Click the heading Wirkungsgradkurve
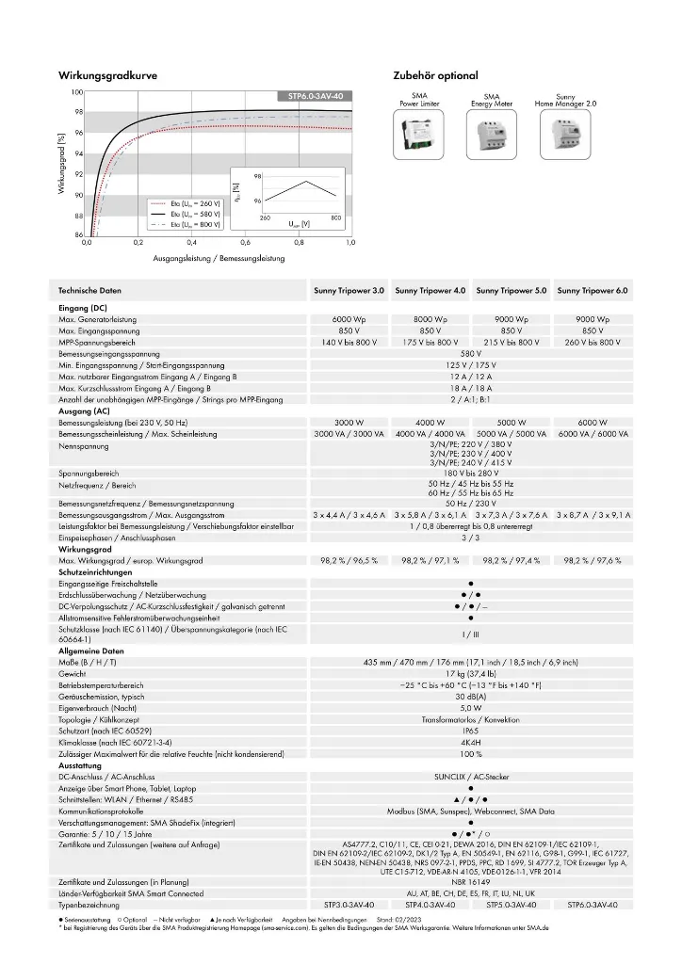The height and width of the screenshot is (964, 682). tap(107, 74)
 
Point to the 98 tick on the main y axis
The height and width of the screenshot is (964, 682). tap(77, 112)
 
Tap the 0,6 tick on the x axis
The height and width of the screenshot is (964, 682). tap(244, 243)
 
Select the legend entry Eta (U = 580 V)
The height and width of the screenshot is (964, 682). tap(196, 214)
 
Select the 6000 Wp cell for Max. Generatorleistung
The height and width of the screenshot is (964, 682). tap(349, 320)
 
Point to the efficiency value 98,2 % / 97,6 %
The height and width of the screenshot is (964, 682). tap(592, 560)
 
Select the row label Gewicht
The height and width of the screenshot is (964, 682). tap(72, 674)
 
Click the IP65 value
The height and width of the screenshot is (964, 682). tap(470, 731)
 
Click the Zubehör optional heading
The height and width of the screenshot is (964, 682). tap(435, 74)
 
